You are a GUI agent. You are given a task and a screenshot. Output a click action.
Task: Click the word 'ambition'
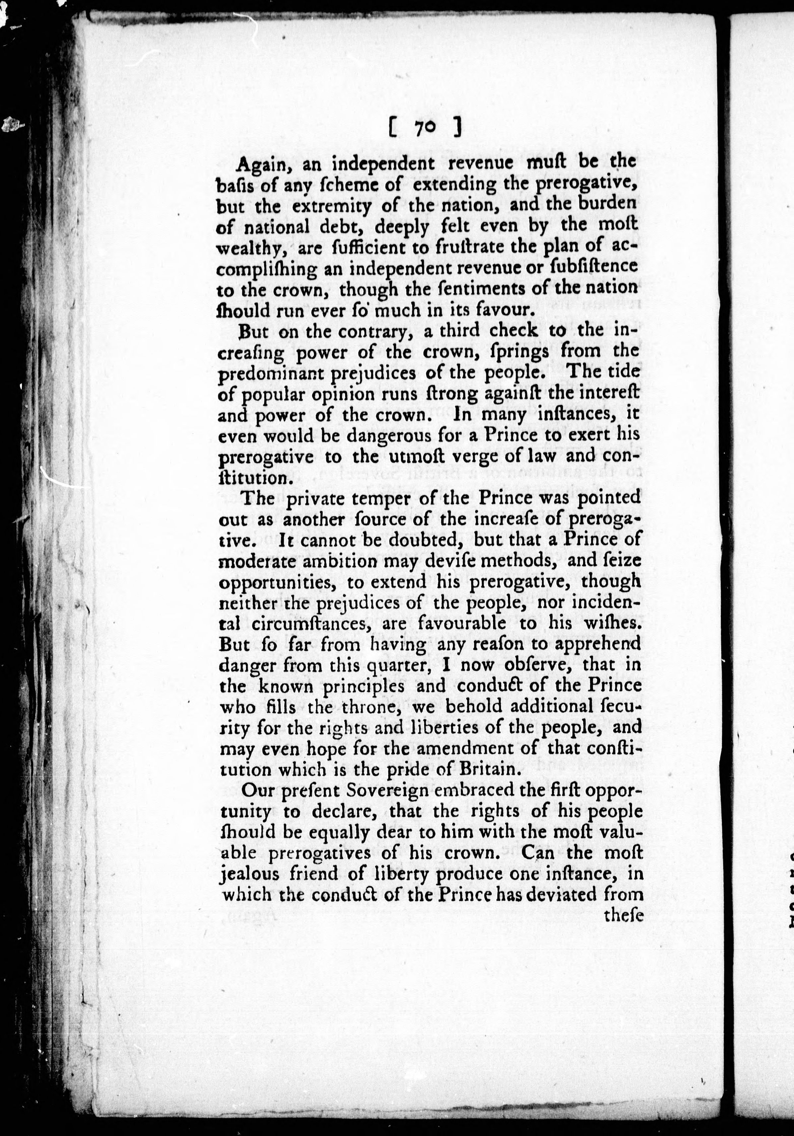[328, 562]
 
